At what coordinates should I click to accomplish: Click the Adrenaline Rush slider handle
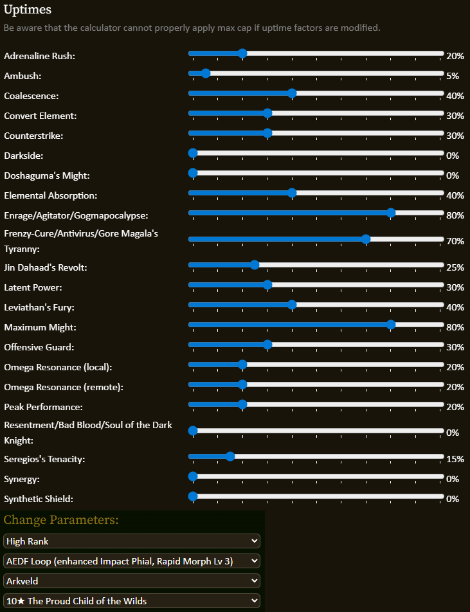(x=242, y=53)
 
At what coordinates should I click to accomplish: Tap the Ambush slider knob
(x=206, y=73)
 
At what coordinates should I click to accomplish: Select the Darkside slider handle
(x=193, y=153)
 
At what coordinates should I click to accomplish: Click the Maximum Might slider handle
(x=391, y=325)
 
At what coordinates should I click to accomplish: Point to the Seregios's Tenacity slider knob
(x=230, y=456)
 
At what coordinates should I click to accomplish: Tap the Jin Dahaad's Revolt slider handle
(x=255, y=265)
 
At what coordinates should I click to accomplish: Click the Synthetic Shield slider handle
(x=193, y=496)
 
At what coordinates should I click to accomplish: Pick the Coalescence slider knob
(x=292, y=93)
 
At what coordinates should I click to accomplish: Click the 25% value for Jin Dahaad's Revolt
(x=455, y=267)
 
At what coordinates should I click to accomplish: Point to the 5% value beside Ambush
(x=453, y=76)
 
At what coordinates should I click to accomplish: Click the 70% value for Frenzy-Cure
(x=455, y=241)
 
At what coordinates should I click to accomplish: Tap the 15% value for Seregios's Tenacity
(x=455, y=459)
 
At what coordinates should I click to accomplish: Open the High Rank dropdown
(x=131, y=541)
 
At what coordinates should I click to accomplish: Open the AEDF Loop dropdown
(x=131, y=561)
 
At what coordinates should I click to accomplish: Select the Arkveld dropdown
(x=131, y=581)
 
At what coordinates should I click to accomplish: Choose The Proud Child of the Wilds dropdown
(x=131, y=601)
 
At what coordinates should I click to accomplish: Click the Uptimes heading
(x=28, y=10)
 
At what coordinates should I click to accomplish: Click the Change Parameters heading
(x=61, y=520)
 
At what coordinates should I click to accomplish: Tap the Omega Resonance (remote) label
(x=64, y=388)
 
